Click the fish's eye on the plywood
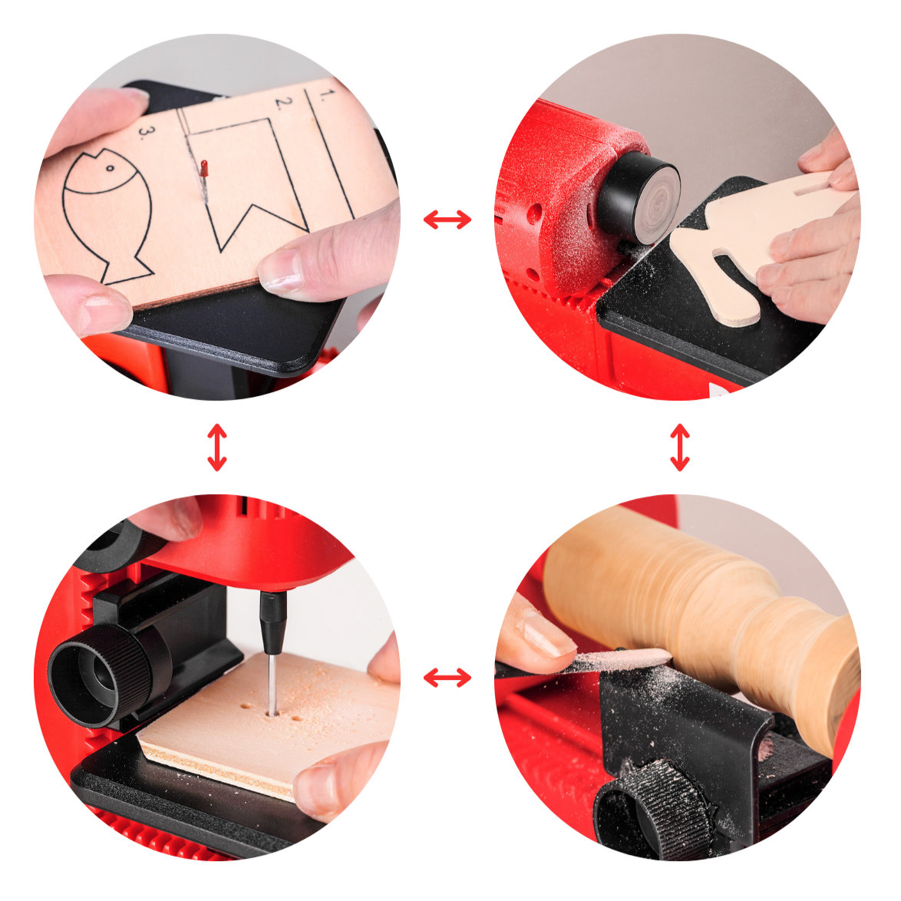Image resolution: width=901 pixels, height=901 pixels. pos(110,168)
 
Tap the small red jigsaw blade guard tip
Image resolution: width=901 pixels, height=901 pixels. pos(203,168)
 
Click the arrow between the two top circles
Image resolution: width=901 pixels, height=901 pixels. pos(447,219)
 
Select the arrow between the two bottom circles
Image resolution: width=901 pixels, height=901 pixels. pos(447,678)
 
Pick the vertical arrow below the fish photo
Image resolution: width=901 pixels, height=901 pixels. pos(217,447)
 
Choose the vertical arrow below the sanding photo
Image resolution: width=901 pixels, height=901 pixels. pos(680,447)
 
